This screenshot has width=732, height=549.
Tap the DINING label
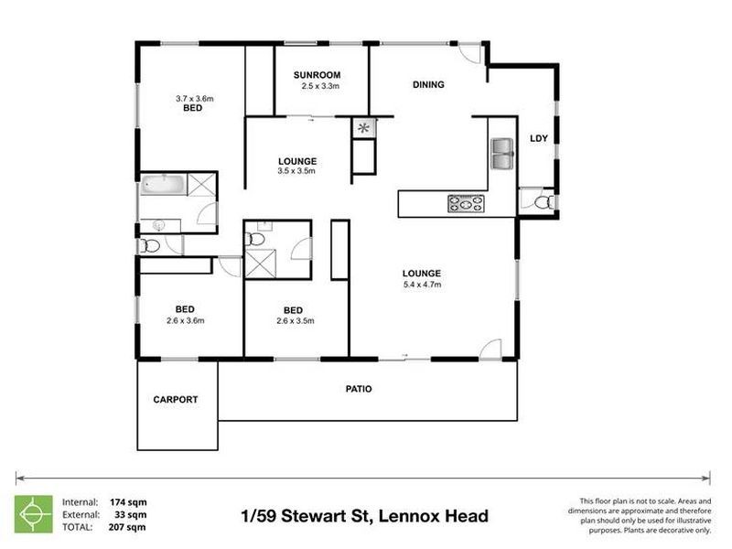click(x=428, y=85)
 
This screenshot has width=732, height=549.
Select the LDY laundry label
click(x=539, y=139)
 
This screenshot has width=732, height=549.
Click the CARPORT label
click(x=175, y=400)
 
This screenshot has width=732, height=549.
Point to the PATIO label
click(x=358, y=389)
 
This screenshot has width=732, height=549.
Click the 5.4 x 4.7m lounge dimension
click(x=422, y=285)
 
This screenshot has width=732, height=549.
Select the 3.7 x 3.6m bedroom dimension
click(x=192, y=97)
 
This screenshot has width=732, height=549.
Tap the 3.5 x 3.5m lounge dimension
click(x=296, y=171)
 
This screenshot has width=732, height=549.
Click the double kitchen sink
click(x=502, y=154)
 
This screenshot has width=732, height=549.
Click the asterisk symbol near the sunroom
click(x=363, y=128)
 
